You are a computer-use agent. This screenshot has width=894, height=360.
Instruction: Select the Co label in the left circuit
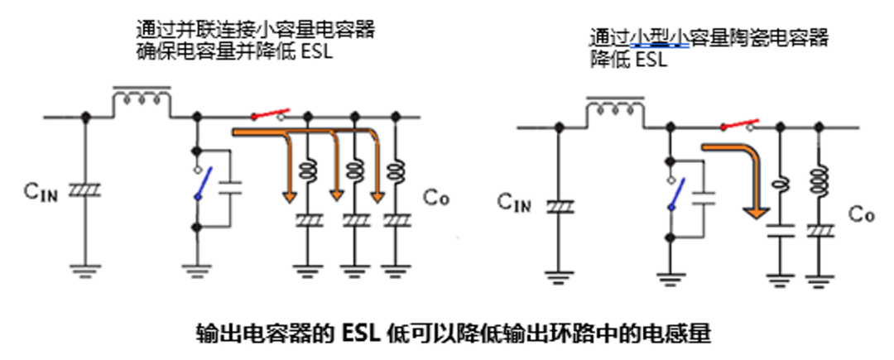click(x=437, y=197)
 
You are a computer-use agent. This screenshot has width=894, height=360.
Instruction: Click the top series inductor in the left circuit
click(x=142, y=99)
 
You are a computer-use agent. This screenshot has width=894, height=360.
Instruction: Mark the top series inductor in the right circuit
click(x=615, y=110)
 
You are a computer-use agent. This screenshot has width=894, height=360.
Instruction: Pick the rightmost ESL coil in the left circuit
click(x=397, y=173)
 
